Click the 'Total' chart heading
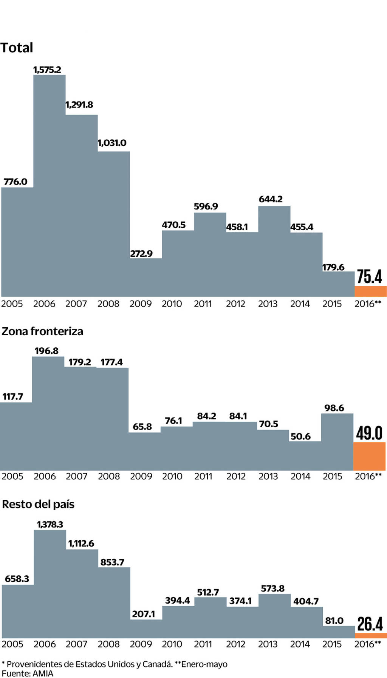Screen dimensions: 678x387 click(17, 48)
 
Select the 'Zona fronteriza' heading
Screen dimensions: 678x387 click(42, 331)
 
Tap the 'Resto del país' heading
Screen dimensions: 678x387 click(38, 504)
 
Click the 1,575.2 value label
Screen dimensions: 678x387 click(47, 70)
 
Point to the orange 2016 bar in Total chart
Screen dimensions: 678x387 click(370, 291)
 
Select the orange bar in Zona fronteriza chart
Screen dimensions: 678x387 click(369, 456)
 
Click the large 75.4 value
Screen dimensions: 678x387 click(369, 276)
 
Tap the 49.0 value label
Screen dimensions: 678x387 click(369, 433)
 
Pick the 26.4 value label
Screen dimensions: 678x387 click(370, 624)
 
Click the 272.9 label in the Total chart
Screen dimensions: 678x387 click(141, 254)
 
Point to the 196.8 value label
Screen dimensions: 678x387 click(46, 351)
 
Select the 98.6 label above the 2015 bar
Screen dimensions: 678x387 click(334, 408)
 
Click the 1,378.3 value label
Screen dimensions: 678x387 click(50, 524)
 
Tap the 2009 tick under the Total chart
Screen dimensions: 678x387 click(141, 304)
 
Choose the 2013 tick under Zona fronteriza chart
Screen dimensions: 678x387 click(268, 476)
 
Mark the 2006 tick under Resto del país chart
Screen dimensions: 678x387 click(45, 644)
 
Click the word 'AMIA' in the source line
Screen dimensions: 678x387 click(43, 673)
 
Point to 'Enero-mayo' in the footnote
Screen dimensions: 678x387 click(204, 664)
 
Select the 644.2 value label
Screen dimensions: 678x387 click(271, 199)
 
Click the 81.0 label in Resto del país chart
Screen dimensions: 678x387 click(334, 621)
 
